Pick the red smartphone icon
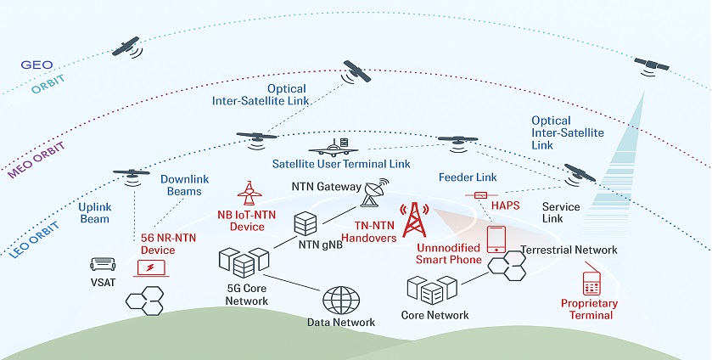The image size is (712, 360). [496, 239]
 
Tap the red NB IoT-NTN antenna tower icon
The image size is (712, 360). [249, 193]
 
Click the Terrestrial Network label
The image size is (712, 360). [569, 250]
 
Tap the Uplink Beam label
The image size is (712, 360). [94, 212]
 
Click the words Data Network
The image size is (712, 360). [341, 323]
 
